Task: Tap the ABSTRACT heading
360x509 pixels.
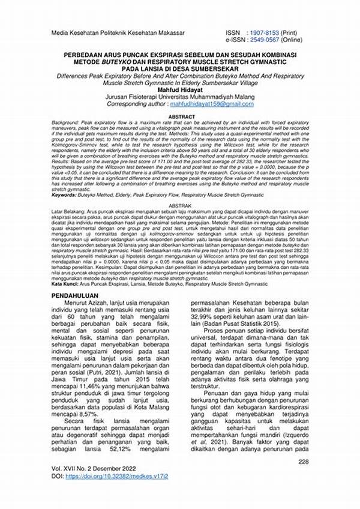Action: pos(181,100)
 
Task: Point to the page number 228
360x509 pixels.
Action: pos(303,462)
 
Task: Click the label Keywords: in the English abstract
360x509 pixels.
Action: pos(67,194)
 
